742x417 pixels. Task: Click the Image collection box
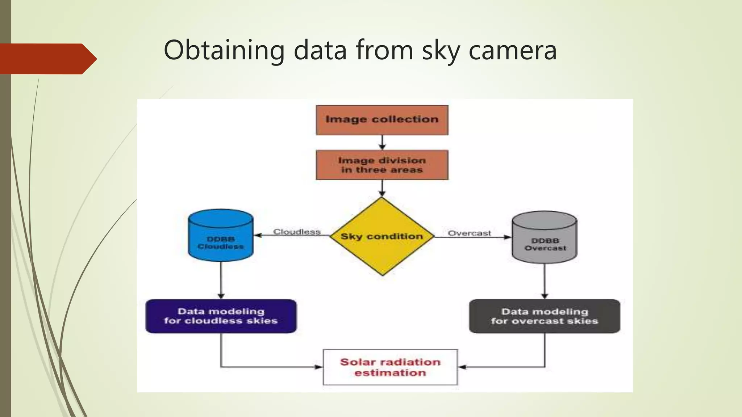(382, 120)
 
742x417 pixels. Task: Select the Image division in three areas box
(382, 165)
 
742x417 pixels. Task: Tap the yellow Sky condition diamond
(382, 236)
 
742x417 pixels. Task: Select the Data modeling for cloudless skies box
(221, 316)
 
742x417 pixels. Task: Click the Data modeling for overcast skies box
(545, 316)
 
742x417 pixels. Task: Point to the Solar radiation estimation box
(390, 367)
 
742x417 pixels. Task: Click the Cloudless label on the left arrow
(297, 232)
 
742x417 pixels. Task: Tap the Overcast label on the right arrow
(469, 233)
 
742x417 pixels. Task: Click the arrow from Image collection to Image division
(382, 143)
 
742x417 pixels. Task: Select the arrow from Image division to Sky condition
(382, 189)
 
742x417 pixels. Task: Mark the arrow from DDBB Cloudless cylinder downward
(221, 280)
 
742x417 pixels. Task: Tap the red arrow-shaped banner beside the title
(47, 59)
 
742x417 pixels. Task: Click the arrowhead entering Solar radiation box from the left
(318, 367)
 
